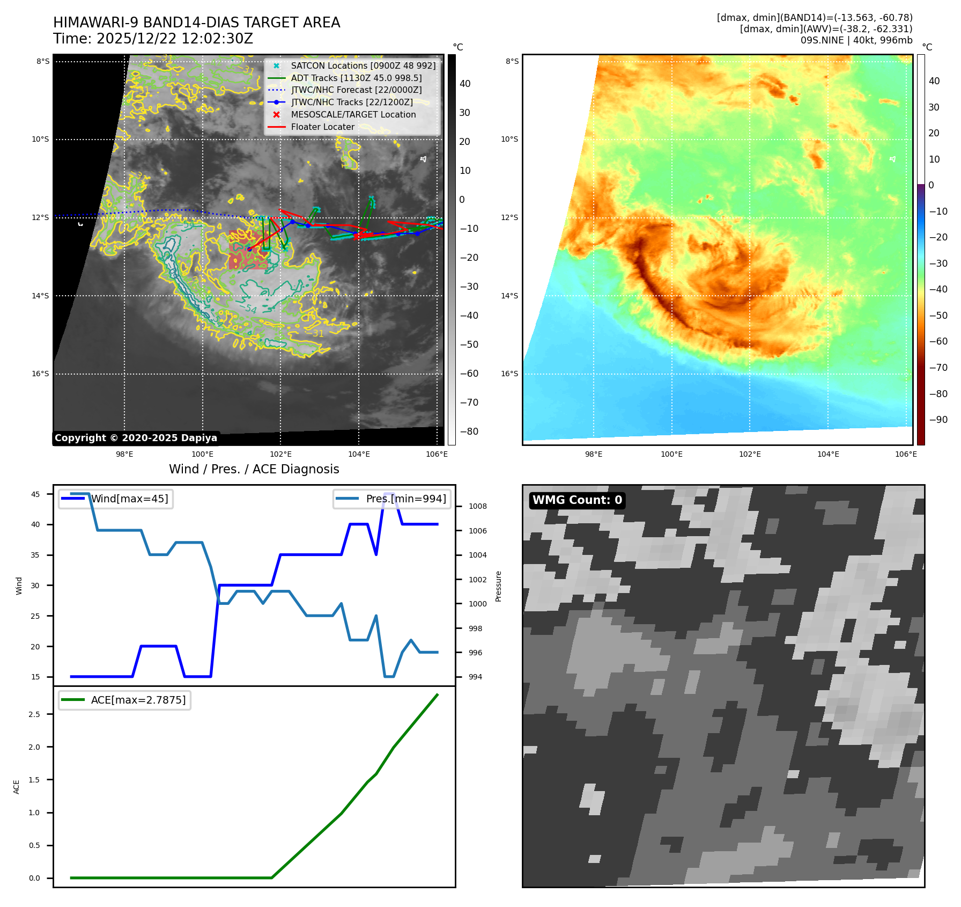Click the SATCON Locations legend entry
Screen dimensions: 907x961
363,65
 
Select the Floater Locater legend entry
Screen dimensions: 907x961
322,127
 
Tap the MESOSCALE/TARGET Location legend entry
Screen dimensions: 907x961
353,114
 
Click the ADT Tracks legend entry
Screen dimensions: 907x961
356,78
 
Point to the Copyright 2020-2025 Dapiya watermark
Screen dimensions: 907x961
136,438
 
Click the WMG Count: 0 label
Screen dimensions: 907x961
577,500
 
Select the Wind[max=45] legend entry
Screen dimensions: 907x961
129,499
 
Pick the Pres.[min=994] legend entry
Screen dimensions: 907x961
405,499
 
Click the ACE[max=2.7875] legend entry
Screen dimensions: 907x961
138,700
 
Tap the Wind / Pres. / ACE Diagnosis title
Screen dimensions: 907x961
254,469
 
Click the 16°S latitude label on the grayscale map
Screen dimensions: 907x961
40,374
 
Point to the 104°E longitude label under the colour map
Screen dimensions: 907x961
828,454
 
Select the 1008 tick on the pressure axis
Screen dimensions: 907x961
477,506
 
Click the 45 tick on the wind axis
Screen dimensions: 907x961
35,494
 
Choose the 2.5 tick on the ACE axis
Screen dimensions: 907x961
34,714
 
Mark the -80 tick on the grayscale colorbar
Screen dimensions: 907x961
469,431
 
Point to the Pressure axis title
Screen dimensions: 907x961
498,586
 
